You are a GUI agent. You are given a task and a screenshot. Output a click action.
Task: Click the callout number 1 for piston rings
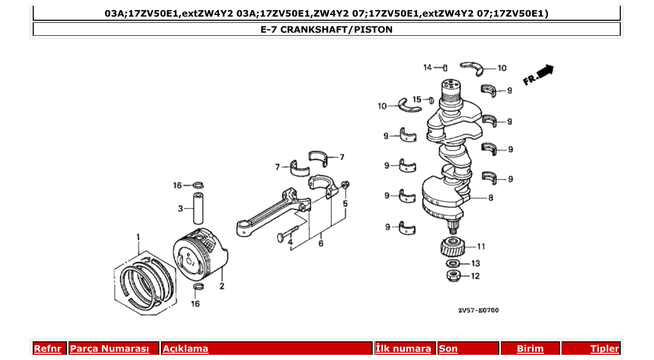click(139, 237)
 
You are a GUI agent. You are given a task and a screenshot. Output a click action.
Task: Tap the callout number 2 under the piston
click(222, 286)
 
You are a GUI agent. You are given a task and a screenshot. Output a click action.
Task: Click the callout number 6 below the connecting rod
click(321, 243)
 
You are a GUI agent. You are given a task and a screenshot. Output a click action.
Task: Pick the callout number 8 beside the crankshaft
click(491, 198)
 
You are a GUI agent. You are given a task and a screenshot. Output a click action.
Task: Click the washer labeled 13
click(453, 264)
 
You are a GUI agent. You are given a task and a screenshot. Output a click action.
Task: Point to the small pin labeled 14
click(445, 67)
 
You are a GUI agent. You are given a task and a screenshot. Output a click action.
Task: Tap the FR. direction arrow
click(539, 75)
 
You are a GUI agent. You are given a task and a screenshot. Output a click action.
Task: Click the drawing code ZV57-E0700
click(478, 310)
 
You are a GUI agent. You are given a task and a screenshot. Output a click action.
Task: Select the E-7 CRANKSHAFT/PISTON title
click(326, 30)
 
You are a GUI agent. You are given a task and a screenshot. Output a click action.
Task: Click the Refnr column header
click(48, 349)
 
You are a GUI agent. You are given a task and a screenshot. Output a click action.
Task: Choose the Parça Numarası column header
click(110, 349)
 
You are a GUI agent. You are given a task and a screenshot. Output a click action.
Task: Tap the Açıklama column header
click(185, 349)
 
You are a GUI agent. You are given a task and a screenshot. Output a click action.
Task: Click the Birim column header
click(530, 349)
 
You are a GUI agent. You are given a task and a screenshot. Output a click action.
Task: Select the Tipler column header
click(604, 349)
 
